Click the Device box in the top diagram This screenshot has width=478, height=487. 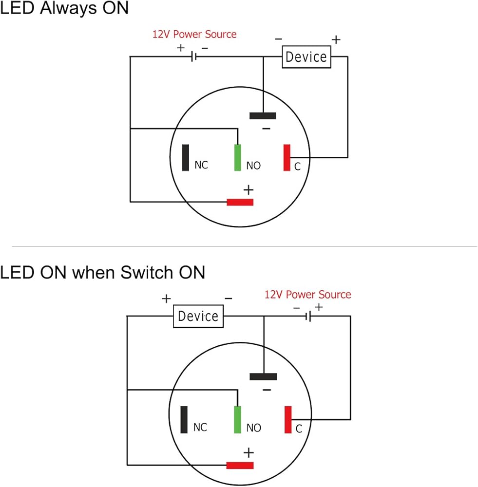click(306, 57)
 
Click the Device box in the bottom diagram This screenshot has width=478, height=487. click(198, 317)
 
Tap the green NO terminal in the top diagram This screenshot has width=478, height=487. click(237, 158)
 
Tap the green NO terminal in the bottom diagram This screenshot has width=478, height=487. click(237, 420)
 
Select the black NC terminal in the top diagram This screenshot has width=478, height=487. click(185, 158)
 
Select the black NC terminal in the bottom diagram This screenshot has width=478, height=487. click(184, 420)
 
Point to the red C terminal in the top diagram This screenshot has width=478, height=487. click(287, 158)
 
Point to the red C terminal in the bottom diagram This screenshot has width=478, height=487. click(288, 420)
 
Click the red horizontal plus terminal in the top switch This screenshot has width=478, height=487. click(240, 202)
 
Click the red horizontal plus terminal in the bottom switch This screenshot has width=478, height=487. click(240, 466)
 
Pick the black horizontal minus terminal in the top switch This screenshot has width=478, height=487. click(263, 116)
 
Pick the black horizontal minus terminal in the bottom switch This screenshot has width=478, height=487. click(263, 376)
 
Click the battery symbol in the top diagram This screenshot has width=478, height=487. click(193, 57)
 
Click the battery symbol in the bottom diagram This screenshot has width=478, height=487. click(308, 317)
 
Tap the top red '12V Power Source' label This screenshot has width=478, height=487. click(194, 35)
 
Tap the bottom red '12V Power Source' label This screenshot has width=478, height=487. click(307, 295)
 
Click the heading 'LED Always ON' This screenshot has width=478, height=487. click(64, 8)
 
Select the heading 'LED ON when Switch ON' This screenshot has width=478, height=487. click(102, 273)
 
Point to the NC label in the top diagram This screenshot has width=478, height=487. click(201, 166)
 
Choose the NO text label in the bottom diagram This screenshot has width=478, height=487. click(254, 428)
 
